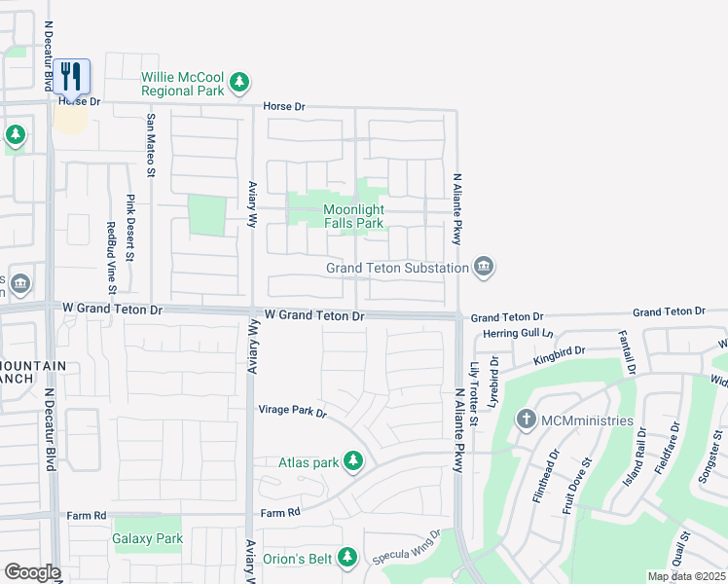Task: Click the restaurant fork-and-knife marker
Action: [71, 76]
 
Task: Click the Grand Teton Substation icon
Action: [483, 267]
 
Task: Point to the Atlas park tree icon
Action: [352, 462]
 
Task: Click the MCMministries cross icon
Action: [527, 420]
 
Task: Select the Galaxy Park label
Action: [147, 538]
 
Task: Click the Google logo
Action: [31, 572]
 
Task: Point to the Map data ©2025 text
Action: [685, 576]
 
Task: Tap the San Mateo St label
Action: [151, 146]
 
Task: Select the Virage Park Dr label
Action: [292, 412]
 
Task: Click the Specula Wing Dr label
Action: [407, 547]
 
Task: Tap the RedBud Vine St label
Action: [111, 256]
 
